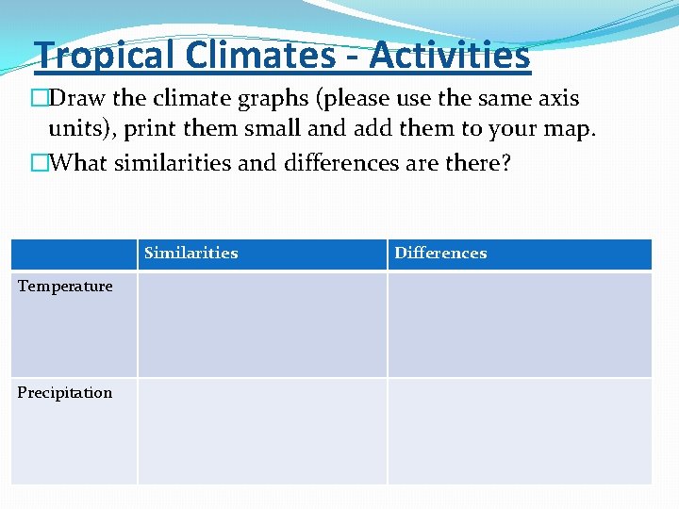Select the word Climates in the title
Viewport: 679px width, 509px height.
point(259,56)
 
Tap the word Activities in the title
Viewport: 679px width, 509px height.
point(449,56)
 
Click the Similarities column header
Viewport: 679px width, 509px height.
point(190,253)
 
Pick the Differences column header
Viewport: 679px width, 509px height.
point(440,253)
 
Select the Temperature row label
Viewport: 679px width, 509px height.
point(65,287)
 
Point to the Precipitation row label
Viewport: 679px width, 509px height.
point(65,393)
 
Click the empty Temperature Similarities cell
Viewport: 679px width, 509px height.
point(262,324)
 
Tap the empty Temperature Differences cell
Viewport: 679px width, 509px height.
point(519,324)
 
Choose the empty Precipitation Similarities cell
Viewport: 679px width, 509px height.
point(262,431)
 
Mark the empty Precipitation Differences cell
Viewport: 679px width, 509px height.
point(519,431)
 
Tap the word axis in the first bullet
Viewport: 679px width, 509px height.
point(555,98)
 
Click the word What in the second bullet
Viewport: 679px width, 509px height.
point(79,162)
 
